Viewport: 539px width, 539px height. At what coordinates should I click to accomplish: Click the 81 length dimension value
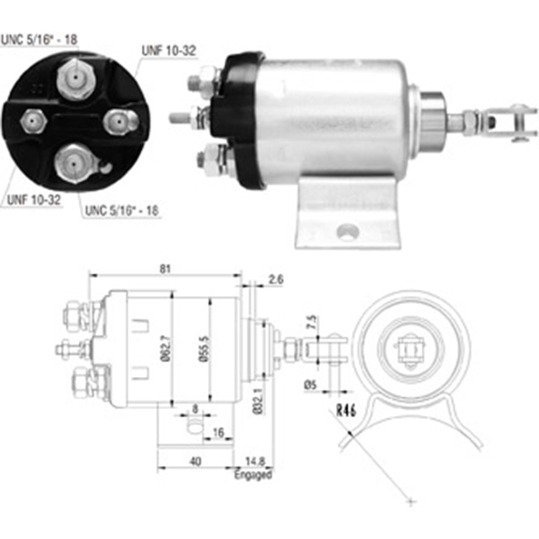pos(165,267)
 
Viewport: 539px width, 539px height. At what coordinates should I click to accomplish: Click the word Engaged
pos(253,475)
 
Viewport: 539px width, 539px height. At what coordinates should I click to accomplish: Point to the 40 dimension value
pos(195,461)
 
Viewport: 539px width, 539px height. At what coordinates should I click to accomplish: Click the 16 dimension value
pos(218,433)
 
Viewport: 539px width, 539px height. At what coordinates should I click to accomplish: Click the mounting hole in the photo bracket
pos(348,233)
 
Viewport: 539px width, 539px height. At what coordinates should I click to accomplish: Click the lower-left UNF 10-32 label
pos(34,201)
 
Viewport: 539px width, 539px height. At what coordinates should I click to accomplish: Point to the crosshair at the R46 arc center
pos(411,502)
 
